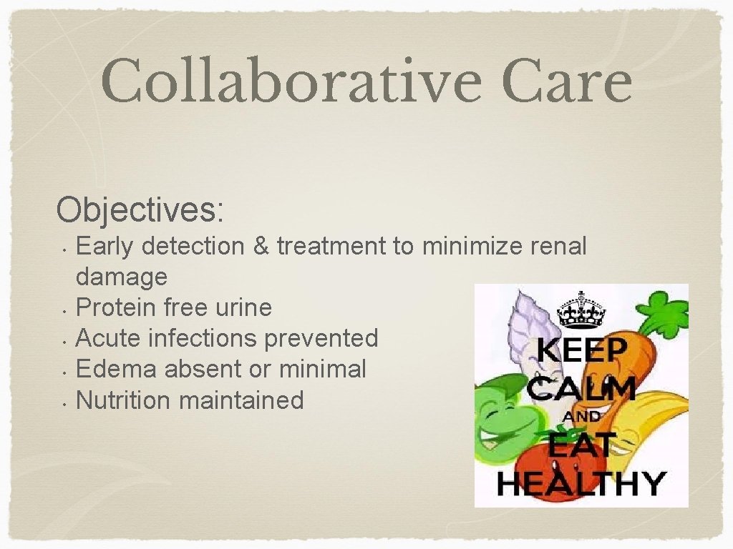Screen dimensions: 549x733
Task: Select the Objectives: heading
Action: pos(140,210)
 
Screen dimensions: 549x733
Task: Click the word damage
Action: pos(121,277)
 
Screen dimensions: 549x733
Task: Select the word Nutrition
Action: pos(124,400)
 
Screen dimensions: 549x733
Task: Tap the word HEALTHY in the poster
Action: pos(581,483)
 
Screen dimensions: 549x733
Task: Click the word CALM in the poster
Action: pos(581,390)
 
